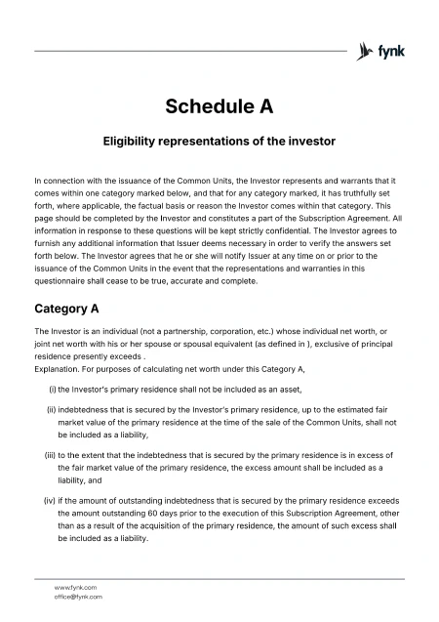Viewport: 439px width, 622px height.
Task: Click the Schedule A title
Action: (219, 105)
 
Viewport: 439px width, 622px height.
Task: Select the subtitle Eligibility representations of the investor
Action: (219, 141)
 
